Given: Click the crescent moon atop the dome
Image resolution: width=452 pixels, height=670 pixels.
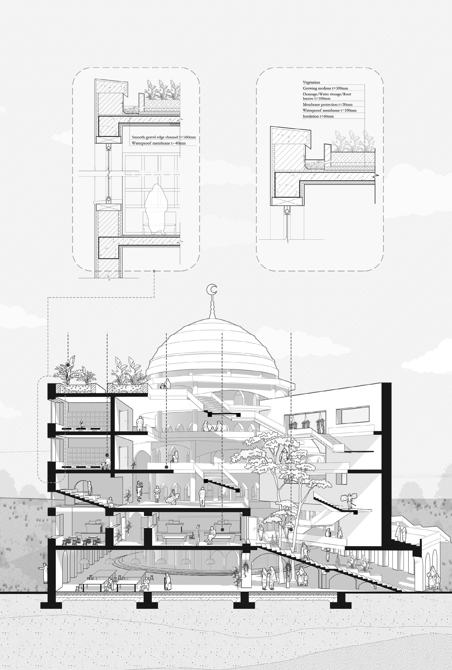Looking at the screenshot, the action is coord(213,289).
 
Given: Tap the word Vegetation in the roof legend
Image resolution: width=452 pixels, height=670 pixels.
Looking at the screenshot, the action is coord(311,82).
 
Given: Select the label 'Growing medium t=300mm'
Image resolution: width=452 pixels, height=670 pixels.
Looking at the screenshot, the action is coord(325,88).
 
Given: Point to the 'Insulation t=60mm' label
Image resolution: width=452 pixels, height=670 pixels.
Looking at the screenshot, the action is coord(318,116).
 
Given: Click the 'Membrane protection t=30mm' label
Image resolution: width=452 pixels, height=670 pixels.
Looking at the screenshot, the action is coord(327,104).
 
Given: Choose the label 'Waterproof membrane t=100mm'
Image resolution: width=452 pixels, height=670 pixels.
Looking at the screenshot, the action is coord(329,110).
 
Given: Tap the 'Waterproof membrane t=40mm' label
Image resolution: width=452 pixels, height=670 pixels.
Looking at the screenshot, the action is coord(158,143).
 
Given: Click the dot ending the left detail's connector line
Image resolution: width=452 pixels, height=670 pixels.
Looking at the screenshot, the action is coord(154,271).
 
